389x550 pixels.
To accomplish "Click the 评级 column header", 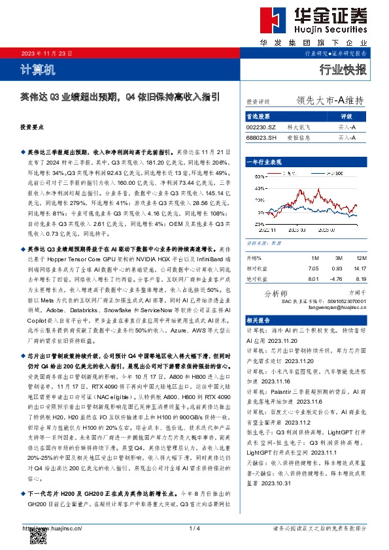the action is click(x=347, y=115).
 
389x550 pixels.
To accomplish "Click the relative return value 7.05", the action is click(x=313, y=268).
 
